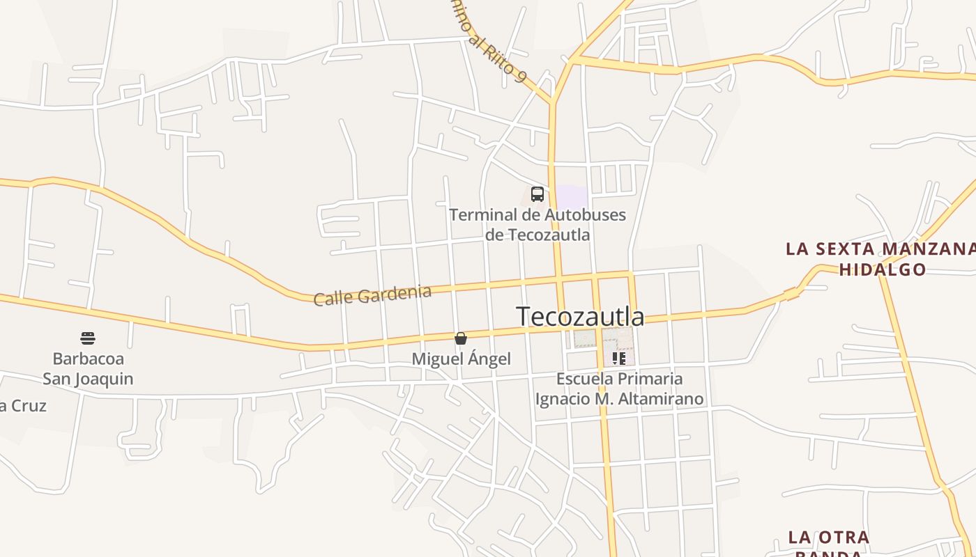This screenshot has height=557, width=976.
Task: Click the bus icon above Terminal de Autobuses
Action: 537,194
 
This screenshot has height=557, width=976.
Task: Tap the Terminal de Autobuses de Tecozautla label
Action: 537,224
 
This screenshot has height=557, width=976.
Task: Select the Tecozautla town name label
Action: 580,316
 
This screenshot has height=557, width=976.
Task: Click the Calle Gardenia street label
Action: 372,295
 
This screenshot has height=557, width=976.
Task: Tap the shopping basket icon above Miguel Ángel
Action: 460,338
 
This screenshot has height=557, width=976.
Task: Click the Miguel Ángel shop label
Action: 462,359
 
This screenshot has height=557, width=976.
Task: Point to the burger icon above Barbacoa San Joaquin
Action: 88,338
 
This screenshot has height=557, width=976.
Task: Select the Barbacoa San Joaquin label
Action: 88,369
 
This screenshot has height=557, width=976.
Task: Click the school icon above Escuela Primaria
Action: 618,359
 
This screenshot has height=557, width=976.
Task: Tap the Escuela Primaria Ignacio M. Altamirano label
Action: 619,389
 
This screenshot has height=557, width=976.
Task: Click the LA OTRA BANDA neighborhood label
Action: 829,543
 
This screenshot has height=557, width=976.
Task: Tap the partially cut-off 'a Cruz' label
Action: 23,406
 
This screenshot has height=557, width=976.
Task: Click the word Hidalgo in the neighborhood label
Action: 882,269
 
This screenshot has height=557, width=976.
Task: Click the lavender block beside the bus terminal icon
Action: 572,196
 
